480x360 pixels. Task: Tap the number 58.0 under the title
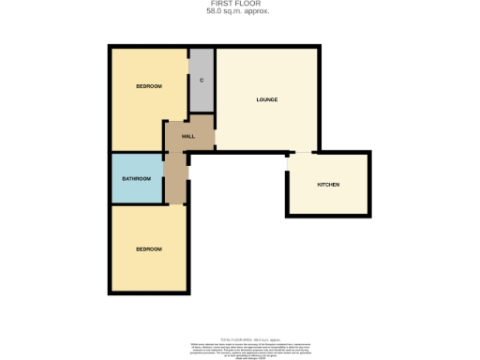[x=219, y=11]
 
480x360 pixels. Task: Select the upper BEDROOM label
[x=148, y=86]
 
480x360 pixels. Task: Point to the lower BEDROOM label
[x=148, y=249]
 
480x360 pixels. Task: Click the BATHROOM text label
[x=137, y=178]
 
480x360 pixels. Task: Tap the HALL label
[x=187, y=136]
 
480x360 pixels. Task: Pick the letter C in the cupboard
[x=202, y=81]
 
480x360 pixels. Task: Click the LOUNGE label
[x=267, y=99]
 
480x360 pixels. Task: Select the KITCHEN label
[x=328, y=185]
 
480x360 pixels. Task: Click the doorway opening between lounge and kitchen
[x=302, y=152]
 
